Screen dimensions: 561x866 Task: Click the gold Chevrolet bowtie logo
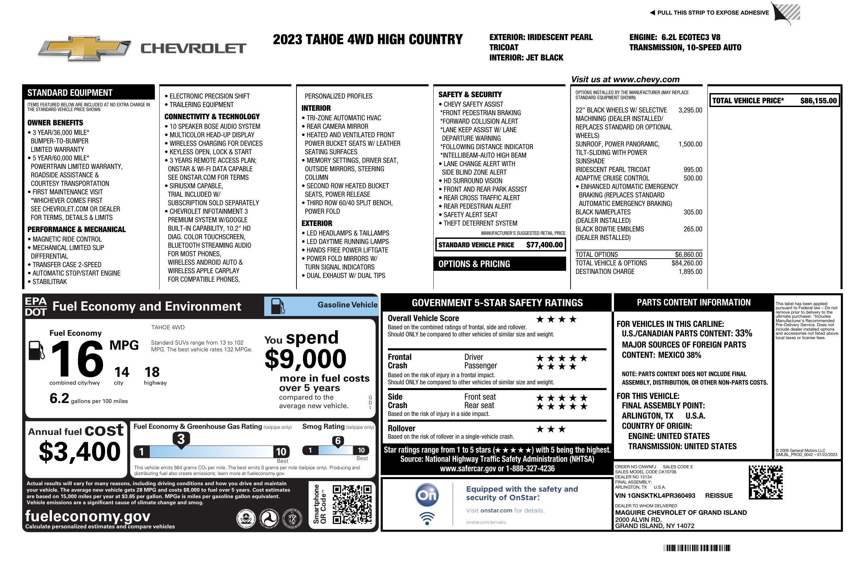tap(84, 48)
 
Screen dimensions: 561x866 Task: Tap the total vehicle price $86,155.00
tap(818, 101)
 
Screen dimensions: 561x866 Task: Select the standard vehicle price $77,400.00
tap(544, 245)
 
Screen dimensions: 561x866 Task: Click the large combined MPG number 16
tap(77, 359)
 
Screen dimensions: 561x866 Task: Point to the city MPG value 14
tap(122, 372)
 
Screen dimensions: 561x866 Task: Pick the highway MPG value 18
tap(152, 372)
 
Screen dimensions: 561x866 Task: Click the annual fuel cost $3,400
tap(80, 452)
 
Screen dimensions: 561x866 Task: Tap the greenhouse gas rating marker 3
tap(181, 439)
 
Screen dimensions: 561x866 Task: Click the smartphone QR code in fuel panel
tap(352, 504)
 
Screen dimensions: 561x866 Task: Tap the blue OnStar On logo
tap(427, 495)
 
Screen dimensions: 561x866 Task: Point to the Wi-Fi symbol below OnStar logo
tap(427, 518)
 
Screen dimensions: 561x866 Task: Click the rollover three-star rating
tap(551, 429)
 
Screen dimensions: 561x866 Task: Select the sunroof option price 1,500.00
tap(690, 144)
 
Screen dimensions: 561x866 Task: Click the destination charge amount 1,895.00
tap(690, 271)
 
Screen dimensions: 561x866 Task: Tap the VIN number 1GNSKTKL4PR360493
tap(655, 495)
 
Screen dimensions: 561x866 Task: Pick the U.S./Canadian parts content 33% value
tap(743, 333)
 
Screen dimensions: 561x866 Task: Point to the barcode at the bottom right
tap(697, 548)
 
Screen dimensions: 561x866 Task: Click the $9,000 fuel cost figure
tap(306, 359)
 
